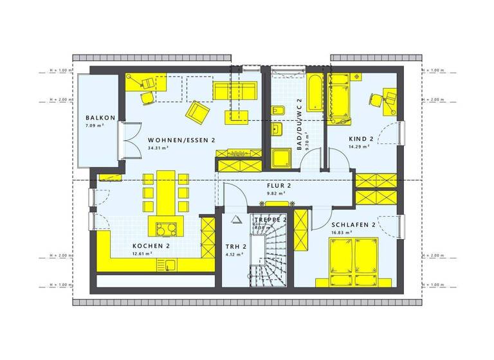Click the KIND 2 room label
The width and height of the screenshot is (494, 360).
point(361,139)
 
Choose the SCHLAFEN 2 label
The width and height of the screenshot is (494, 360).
point(353,226)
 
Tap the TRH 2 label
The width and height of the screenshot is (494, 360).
point(232,246)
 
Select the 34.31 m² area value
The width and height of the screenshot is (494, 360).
point(158,148)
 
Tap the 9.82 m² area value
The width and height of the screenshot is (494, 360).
point(276,193)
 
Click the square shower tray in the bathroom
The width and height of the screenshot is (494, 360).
point(281,161)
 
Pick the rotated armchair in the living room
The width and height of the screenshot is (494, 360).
point(197,114)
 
